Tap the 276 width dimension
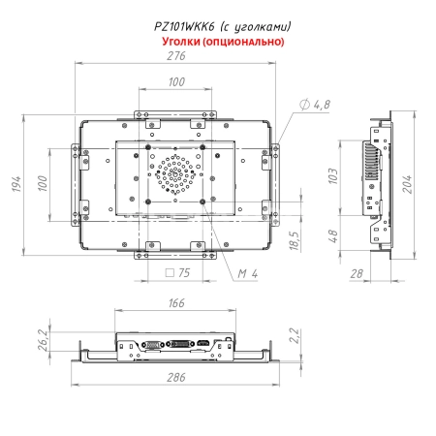coord(175,55)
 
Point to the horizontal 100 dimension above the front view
coord(175,82)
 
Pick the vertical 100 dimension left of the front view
coord(44,183)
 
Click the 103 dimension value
coord(332,175)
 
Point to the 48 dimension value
coord(332,235)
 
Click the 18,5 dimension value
coord(294,236)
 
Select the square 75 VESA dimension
coord(175,274)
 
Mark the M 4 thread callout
coord(247,274)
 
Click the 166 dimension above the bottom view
coord(174,304)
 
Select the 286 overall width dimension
coord(174,378)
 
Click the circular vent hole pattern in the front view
coord(175,174)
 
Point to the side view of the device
coord(376,183)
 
